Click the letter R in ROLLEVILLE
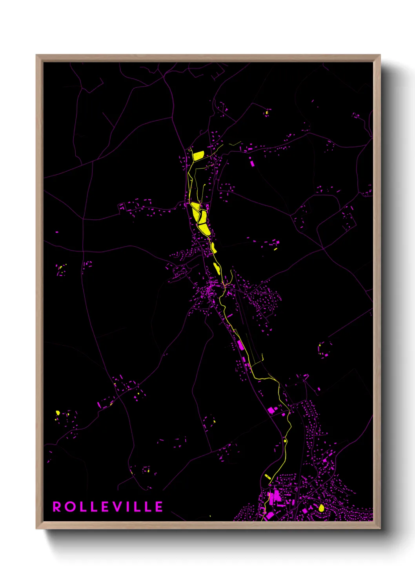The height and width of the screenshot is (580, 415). (x=57, y=507)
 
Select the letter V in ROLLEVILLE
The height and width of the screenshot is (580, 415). (x=120, y=507)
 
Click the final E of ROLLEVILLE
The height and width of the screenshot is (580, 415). (x=159, y=507)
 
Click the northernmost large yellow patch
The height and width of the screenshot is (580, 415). (x=198, y=156)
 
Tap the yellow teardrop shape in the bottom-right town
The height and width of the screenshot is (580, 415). (x=322, y=508)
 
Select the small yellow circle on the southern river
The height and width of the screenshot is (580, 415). (x=285, y=441)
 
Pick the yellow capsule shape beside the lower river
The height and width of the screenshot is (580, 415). (x=268, y=477)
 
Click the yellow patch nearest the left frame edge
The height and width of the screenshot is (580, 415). (x=58, y=412)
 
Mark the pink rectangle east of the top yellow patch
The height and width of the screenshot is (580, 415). (x=251, y=162)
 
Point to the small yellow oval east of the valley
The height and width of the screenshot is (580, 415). (x=275, y=249)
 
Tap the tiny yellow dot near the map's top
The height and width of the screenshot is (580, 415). (x=266, y=113)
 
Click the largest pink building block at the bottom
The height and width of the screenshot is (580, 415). (x=276, y=497)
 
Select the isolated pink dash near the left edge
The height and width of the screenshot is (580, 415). (x=57, y=232)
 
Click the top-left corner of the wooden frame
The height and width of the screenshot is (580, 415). (x=36, y=55)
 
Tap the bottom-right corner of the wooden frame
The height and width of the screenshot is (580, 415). (x=380, y=528)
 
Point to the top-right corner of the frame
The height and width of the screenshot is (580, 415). (x=380, y=55)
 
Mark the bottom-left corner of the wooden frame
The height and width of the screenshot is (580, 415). (x=36, y=528)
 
